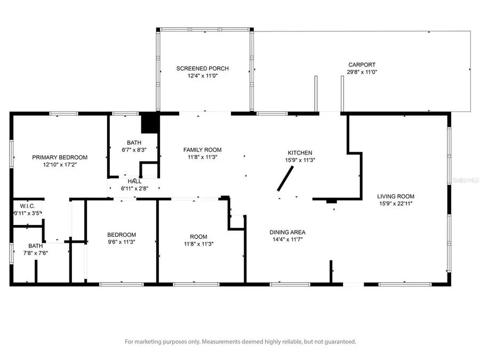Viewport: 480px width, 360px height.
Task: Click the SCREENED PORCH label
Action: click(203, 68)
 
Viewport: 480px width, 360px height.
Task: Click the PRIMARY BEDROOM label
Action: click(60, 157)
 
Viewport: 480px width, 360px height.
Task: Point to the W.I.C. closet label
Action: click(27, 206)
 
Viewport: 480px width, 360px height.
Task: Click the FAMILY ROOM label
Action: click(202, 150)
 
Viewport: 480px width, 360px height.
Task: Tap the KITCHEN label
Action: click(300, 153)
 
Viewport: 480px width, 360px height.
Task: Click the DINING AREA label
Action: click(287, 232)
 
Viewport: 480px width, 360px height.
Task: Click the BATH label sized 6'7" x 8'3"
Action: click(134, 142)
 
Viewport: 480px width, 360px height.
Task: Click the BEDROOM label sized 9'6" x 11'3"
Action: click(122, 235)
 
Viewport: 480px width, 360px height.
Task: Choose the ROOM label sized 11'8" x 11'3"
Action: click(198, 237)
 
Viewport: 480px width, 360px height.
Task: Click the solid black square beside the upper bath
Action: click(150, 124)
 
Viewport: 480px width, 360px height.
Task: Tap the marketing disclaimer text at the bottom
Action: click(240, 341)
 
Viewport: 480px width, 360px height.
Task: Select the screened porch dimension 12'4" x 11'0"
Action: click(203, 76)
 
